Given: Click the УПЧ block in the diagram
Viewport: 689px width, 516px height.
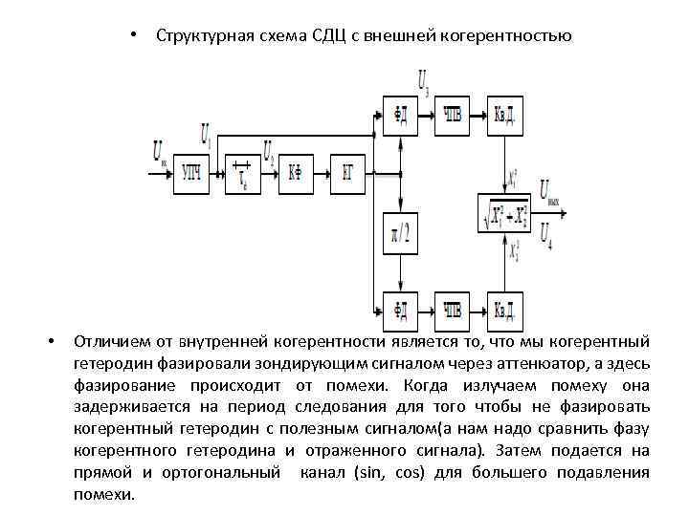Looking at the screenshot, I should tap(191, 173).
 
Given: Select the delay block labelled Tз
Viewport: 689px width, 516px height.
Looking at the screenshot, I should tap(244, 173).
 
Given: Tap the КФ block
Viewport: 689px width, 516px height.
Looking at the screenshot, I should tap(298, 173).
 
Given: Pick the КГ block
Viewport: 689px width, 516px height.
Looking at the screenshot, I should tap(349, 173).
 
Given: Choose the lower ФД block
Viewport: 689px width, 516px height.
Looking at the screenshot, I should tap(401, 308).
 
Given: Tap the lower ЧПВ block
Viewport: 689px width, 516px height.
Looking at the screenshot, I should tap(454, 308).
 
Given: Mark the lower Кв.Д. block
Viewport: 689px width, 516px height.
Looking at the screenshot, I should tap(505, 308).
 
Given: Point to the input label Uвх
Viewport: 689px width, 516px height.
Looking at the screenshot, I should tap(158, 152).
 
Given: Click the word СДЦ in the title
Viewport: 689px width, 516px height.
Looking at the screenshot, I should tap(331, 37).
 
